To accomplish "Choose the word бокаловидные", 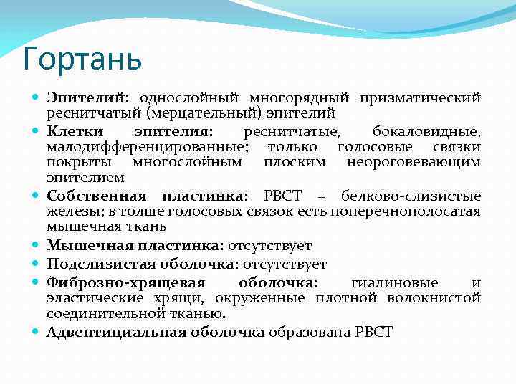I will (426, 132).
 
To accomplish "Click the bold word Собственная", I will (97, 196).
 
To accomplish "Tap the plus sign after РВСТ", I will (322, 196).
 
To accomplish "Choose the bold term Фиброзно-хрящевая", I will (126, 282).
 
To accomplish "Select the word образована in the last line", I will (302, 332).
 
